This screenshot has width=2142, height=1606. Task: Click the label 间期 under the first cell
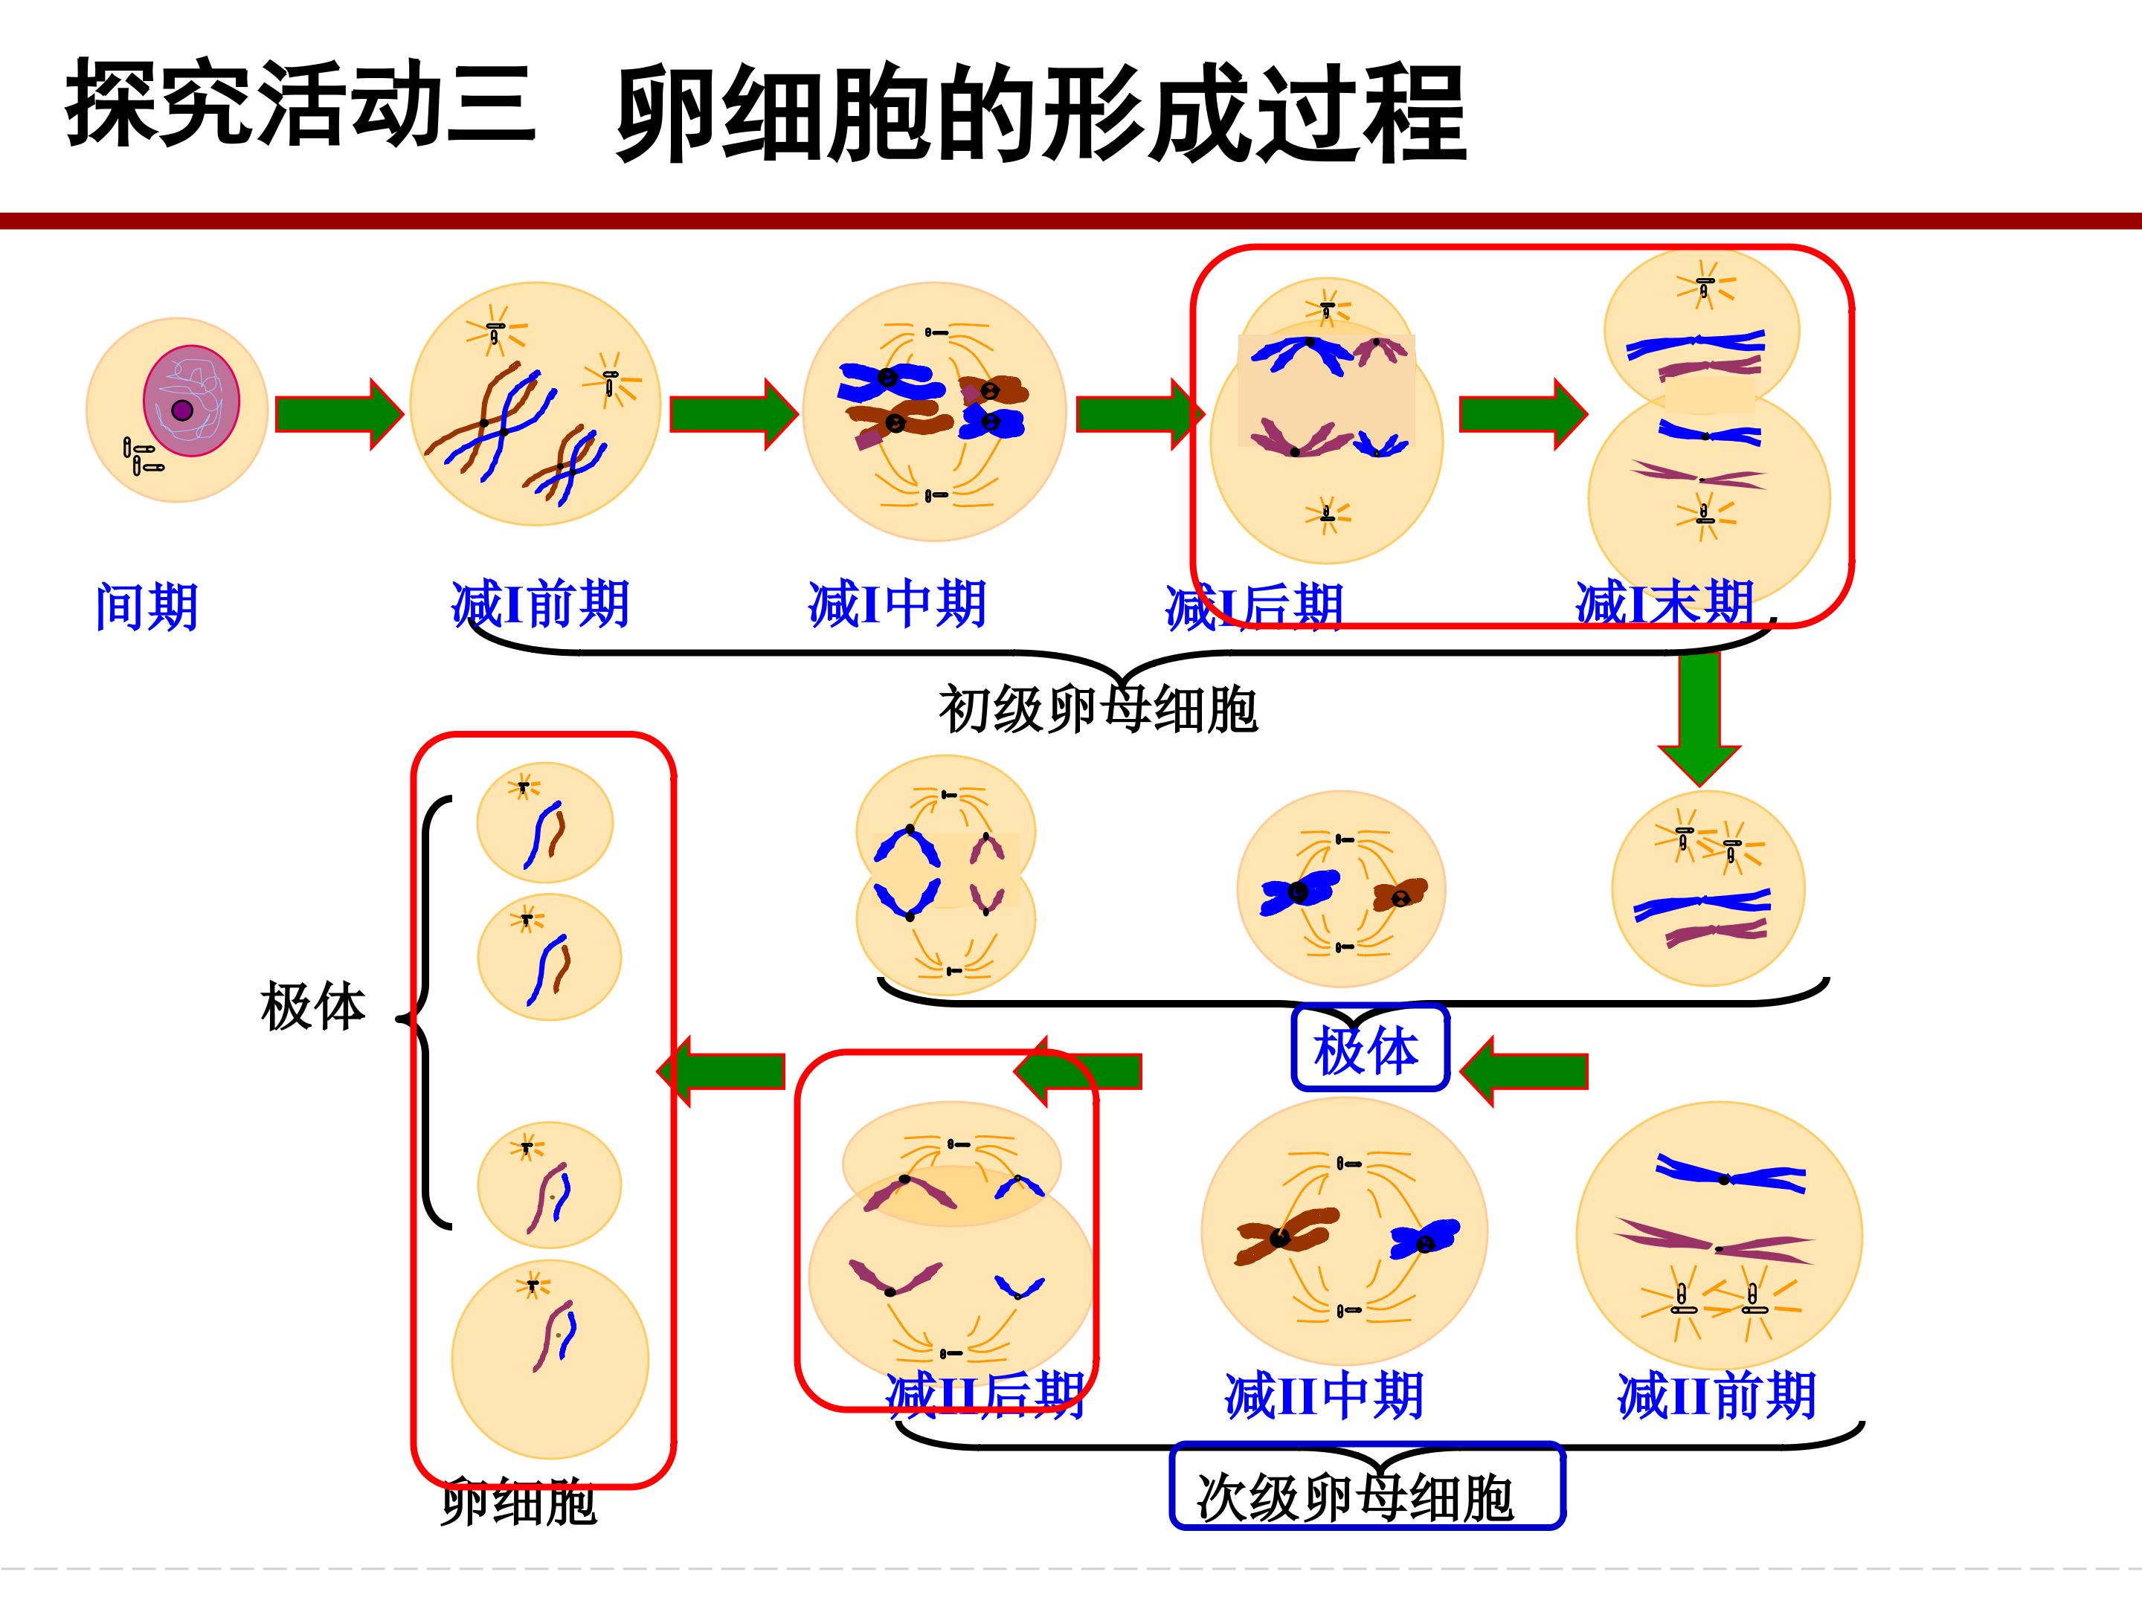[147, 607]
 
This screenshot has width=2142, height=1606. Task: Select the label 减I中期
[897, 604]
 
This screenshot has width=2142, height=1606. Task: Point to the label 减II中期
[1324, 1396]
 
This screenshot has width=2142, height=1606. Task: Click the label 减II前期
[1716, 1396]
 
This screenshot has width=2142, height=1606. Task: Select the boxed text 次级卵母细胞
[1356, 1498]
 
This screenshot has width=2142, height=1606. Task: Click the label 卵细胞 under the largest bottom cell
[519, 1503]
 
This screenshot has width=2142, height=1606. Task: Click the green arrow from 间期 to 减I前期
[339, 414]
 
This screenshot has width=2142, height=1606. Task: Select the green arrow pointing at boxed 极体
[1523, 1071]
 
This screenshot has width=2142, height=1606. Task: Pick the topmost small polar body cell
[544, 823]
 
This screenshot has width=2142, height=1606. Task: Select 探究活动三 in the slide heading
[300, 103]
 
